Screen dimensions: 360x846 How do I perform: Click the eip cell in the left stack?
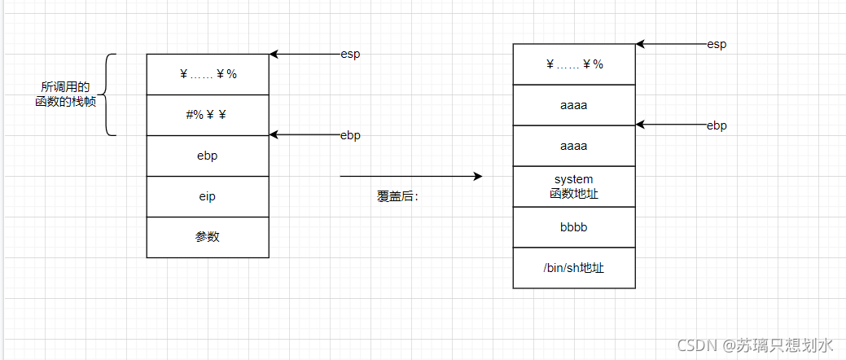click(x=207, y=196)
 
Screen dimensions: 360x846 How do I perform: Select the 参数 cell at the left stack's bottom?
click(x=207, y=237)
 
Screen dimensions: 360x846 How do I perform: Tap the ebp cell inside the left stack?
click(x=207, y=156)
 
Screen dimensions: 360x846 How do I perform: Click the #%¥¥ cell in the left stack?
click(x=207, y=115)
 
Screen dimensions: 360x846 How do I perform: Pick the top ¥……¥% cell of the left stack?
click(x=207, y=74)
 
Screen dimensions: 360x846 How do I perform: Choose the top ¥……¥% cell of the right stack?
click(x=574, y=64)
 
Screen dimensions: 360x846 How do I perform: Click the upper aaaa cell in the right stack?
click(x=574, y=105)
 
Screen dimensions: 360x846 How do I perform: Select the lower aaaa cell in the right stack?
click(x=574, y=146)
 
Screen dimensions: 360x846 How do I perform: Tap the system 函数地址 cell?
click(x=574, y=187)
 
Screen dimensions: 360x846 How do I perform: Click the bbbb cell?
click(x=574, y=227)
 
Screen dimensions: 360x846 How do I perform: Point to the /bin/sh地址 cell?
click(x=574, y=268)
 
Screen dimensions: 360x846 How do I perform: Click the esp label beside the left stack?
click(x=350, y=55)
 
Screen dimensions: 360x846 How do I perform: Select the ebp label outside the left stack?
click(x=350, y=135)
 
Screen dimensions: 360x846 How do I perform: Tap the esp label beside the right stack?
click(x=717, y=44)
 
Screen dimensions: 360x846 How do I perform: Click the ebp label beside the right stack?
click(x=717, y=125)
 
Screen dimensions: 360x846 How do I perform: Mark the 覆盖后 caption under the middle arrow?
click(x=397, y=196)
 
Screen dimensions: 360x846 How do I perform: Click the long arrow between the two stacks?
click(x=410, y=176)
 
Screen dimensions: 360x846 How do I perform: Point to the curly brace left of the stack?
click(x=110, y=94)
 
